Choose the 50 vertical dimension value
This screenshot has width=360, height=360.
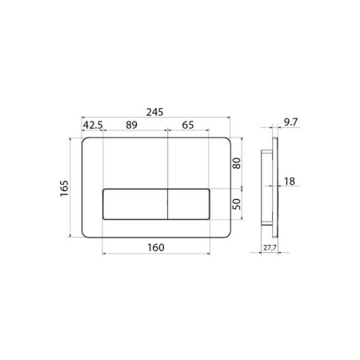click(236, 205)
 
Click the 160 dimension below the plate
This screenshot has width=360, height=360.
click(156, 247)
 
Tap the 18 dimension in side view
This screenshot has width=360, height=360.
click(290, 182)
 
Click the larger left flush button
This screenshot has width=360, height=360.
click(134, 204)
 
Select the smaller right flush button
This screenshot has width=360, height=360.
click(188, 204)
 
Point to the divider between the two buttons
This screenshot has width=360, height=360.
click(166, 204)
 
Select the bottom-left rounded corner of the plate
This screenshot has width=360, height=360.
click(86, 234)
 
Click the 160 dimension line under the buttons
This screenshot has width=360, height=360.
click(128, 255)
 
